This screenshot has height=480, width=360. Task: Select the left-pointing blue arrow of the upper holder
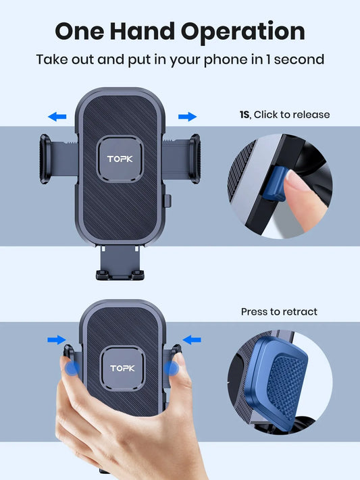coord(57,117)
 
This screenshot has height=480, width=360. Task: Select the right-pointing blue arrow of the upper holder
coord(187,117)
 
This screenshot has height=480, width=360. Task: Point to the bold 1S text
coord(244,115)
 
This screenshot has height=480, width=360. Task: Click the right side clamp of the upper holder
coord(194,159)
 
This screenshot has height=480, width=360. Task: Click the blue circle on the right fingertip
coord(173,369)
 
